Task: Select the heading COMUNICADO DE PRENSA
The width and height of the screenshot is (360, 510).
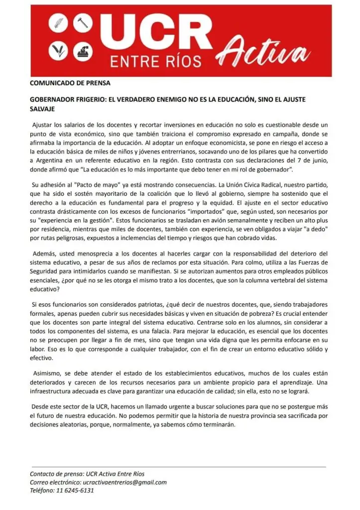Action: coord(70,83)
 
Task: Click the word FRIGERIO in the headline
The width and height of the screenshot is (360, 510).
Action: coord(94,100)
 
